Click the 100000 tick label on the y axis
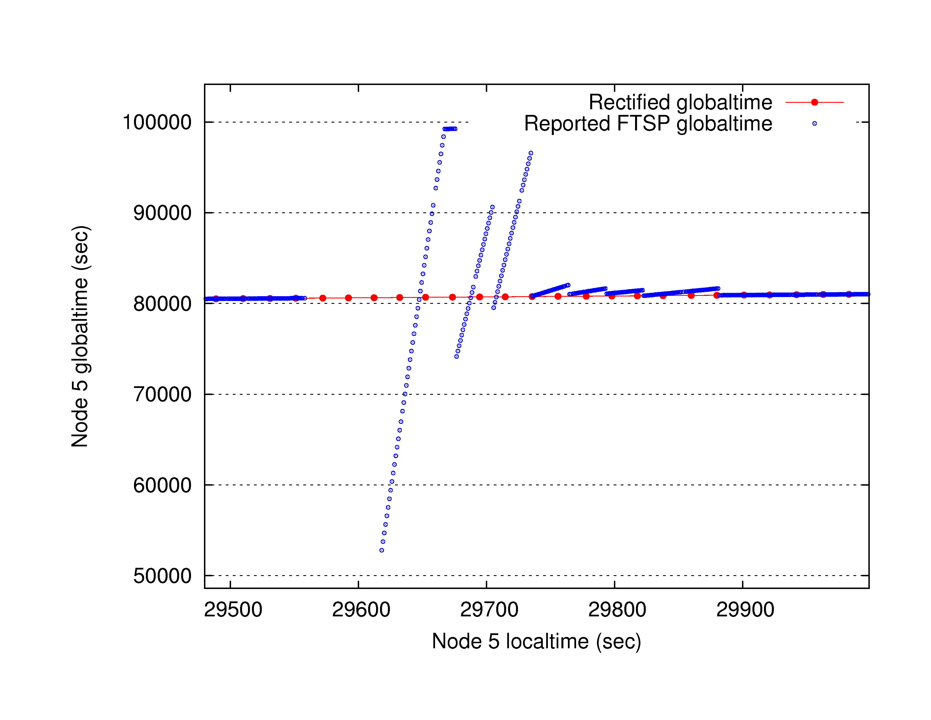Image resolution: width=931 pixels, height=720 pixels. [157, 123]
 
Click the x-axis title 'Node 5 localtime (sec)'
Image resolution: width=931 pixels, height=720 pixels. [536, 641]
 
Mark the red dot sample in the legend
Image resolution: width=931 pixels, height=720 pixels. [814, 102]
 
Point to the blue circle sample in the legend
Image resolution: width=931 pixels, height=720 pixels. [814, 124]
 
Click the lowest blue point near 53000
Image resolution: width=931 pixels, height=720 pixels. [381, 550]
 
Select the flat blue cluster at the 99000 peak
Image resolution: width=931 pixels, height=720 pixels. [450, 129]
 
